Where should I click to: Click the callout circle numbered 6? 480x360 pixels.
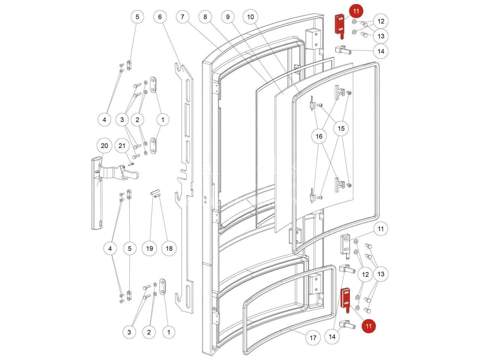(x=160, y=17)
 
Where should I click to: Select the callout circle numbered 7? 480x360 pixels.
(x=183, y=17)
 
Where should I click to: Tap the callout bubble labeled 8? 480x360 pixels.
(x=205, y=17)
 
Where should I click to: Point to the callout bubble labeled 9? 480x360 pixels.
(x=228, y=17)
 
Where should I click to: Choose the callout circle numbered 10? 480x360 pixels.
(x=250, y=17)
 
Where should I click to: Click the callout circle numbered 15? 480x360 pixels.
(x=341, y=129)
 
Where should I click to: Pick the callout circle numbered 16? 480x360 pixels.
(x=319, y=136)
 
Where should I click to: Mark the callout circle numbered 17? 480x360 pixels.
(x=313, y=338)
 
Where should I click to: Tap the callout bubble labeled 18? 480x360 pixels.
(x=169, y=249)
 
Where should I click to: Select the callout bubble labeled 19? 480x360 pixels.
(x=150, y=249)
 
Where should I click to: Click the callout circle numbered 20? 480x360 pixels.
(x=104, y=146)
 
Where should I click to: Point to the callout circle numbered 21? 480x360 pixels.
(x=122, y=146)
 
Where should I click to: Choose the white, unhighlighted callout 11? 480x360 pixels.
(x=381, y=229)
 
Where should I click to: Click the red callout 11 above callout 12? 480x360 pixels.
(x=356, y=11)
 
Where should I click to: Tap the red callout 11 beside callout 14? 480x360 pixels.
(x=369, y=326)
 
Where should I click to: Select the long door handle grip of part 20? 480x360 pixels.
(x=97, y=193)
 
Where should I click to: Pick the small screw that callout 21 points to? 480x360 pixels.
(x=131, y=164)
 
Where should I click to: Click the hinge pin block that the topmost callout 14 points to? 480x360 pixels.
(x=343, y=50)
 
